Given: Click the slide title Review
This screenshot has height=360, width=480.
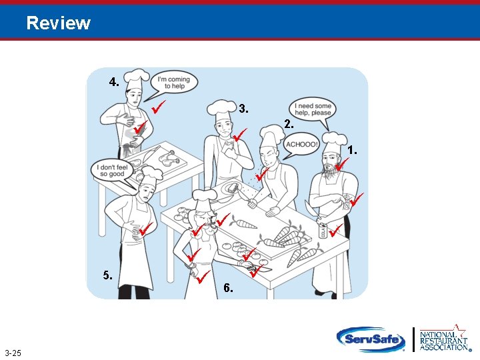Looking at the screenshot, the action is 59,23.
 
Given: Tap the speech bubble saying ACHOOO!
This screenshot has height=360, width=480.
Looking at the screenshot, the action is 301,145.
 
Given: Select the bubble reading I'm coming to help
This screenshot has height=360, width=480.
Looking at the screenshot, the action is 173,83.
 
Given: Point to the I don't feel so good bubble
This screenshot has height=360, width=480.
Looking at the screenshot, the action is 112,169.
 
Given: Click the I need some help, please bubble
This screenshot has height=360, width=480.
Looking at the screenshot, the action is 313,109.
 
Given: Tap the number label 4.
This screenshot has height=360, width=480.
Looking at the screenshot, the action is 114,83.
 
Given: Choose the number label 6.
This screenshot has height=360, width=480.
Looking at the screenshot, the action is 228,288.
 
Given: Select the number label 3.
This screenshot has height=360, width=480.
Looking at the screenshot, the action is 244,108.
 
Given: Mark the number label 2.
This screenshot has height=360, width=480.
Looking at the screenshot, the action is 288,125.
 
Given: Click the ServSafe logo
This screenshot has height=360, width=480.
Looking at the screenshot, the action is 371,339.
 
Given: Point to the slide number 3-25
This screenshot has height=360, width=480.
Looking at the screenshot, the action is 13,353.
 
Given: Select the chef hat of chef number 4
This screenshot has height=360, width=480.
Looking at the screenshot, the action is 137,76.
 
